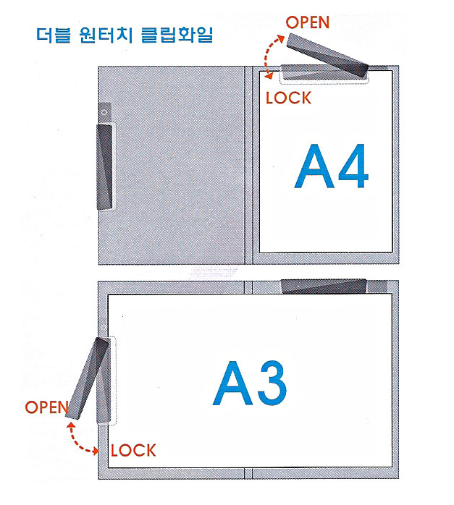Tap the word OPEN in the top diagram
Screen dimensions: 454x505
point(308,22)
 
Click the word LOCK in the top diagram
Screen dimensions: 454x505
point(288,98)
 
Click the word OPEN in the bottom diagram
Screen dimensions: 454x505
point(46,407)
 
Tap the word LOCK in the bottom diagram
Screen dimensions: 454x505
point(133,451)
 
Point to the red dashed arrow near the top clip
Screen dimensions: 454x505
point(272,54)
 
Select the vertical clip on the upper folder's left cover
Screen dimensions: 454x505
point(106,166)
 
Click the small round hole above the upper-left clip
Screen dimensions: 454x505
point(105,113)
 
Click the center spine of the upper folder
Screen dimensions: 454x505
point(248,159)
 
